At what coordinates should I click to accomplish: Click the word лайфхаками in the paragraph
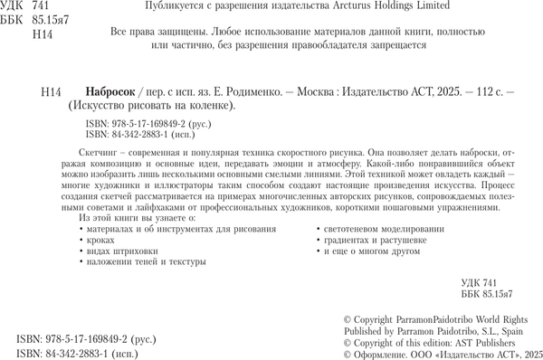(x=131, y=219)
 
